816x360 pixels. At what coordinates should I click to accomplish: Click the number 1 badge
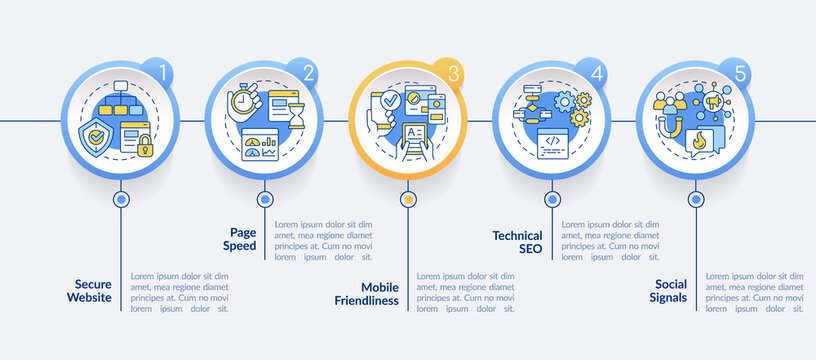click(x=158, y=72)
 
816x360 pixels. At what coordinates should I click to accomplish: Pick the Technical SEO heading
click(x=517, y=241)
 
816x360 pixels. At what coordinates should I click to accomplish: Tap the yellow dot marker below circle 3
click(x=407, y=199)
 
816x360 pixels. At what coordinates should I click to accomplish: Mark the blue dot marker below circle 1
click(x=121, y=199)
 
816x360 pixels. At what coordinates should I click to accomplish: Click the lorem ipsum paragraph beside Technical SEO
click(x=611, y=241)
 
